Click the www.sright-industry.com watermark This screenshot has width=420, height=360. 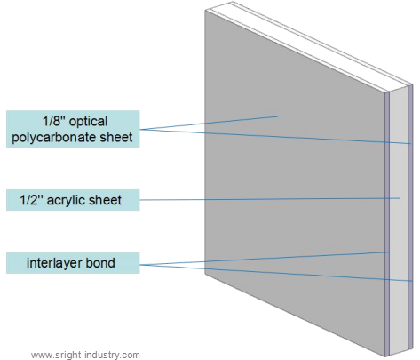coord(86,354)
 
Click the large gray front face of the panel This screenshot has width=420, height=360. coord(293,204)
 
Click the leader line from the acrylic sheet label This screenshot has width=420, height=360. coord(266,199)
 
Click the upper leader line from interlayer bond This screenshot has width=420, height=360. coord(266,259)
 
